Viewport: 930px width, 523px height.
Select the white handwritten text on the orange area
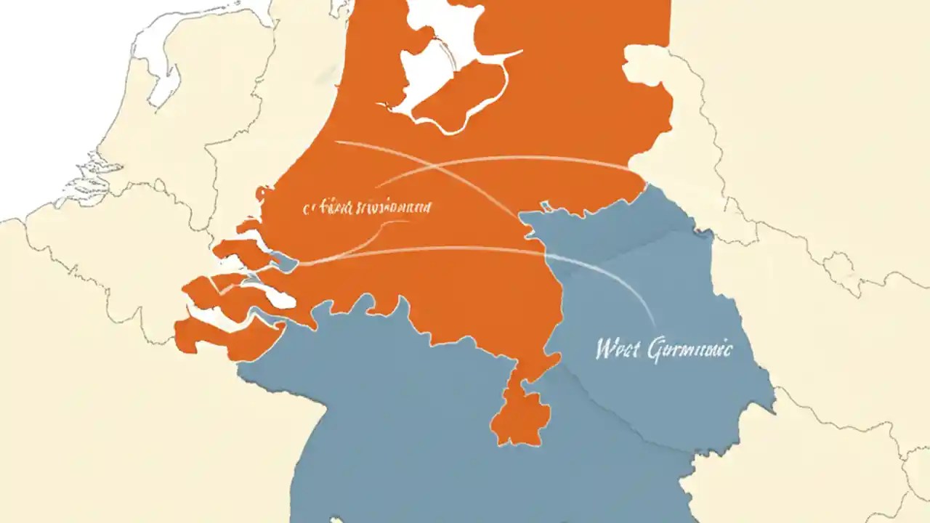(367, 208)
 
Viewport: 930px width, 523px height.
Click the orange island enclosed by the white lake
(465, 87)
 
